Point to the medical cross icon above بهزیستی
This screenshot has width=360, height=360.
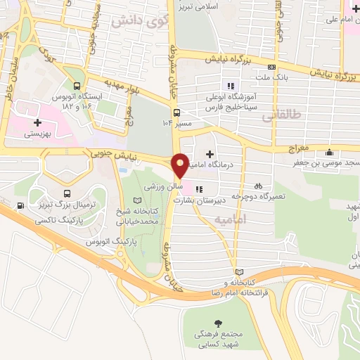[x=37, y=122]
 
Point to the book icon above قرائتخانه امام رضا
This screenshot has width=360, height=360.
[x=240, y=271]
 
